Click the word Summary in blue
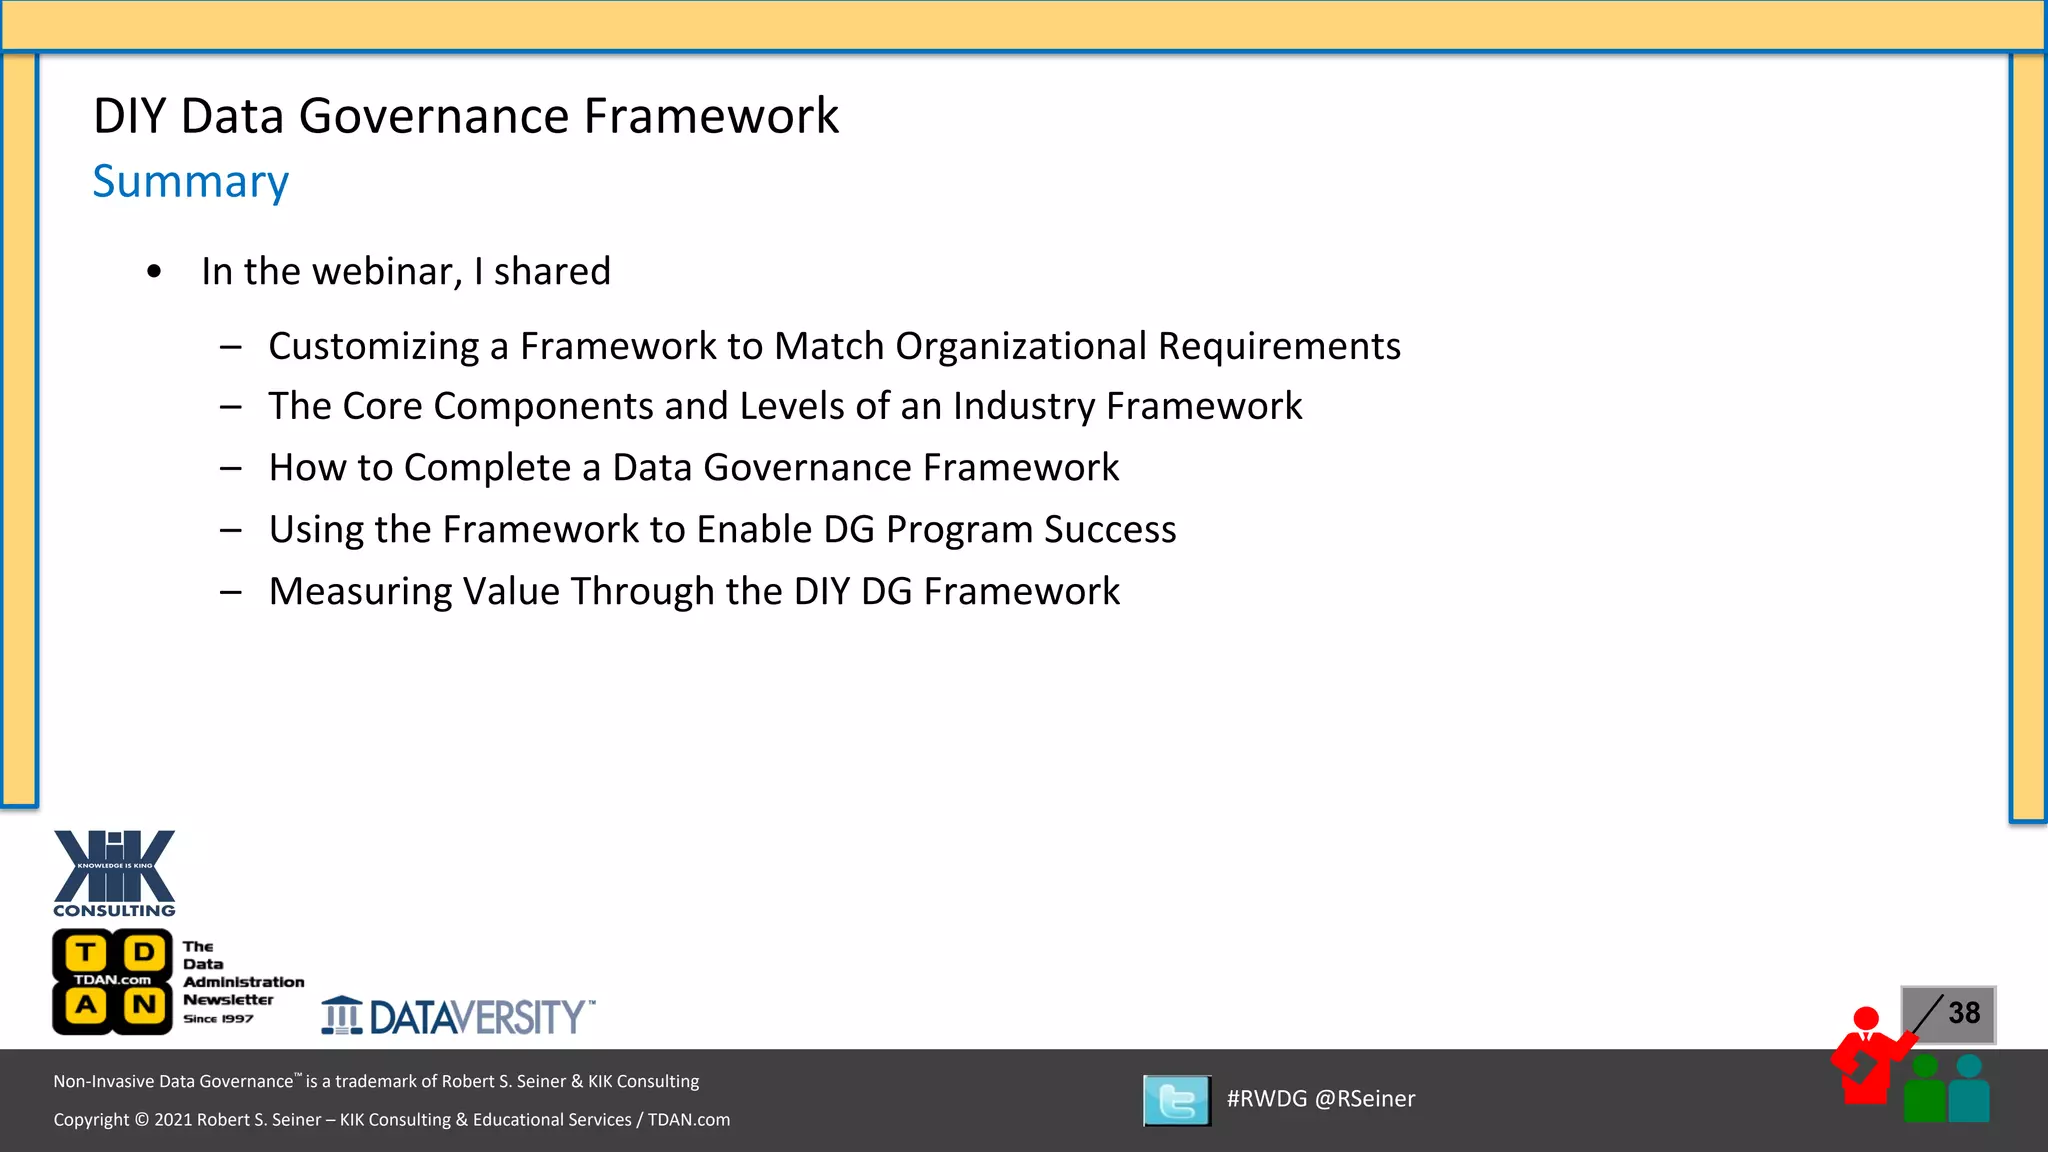coord(190,182)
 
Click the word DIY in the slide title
coord(129,116)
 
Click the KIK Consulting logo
coord(114,873)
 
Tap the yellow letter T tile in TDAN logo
coord(87,952)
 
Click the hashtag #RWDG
coord(1266,1099)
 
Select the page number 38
coord(1963,1013)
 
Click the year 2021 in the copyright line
coord(173,1120)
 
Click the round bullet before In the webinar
coord(154,272)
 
